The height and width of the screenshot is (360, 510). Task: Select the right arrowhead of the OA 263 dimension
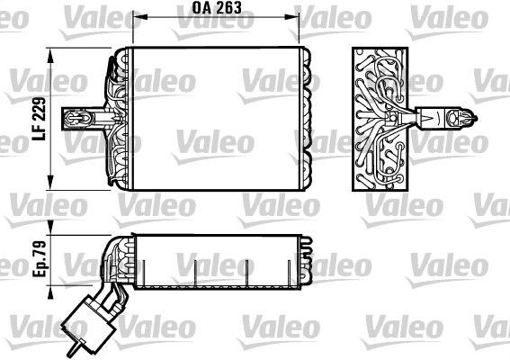293,18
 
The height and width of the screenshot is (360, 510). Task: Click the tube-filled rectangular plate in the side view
378,117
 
